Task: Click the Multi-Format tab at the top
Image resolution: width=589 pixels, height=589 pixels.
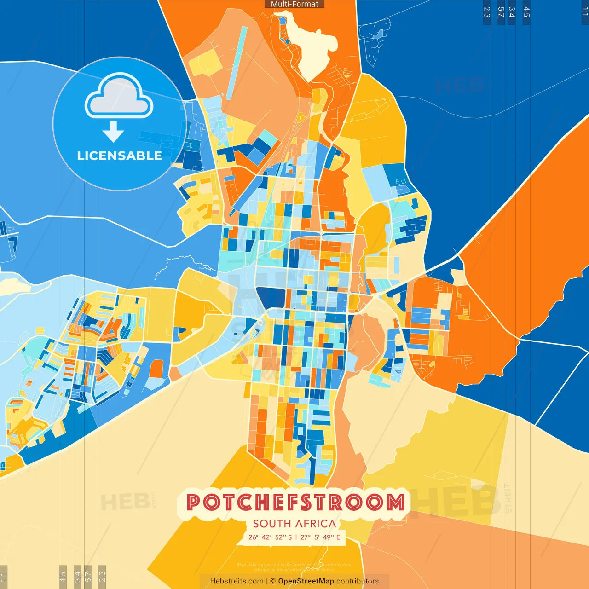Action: [x=294, y=4]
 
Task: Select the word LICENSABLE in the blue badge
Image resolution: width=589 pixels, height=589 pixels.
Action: [x=119, y=156]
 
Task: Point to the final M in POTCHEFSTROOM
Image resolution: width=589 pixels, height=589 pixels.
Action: [x=395, y=502]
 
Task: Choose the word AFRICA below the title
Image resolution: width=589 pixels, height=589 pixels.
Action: [x=318, y=524]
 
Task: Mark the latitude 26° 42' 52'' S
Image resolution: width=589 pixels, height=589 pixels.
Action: [x=270, y=537]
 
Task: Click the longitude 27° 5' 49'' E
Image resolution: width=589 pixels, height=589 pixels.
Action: [x=320, y=537]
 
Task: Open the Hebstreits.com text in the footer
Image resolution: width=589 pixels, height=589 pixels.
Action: [x=237, y=581]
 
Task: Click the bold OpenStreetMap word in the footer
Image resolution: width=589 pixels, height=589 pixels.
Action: [x=306, y=581]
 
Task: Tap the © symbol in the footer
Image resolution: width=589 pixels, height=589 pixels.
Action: [x=273, y=581]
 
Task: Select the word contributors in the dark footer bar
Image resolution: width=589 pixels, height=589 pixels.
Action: [x=358, y=581]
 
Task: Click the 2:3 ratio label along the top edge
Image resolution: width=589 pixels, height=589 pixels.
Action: [x=487, y=12]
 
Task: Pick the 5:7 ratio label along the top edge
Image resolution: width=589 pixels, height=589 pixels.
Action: [x=501, y=12]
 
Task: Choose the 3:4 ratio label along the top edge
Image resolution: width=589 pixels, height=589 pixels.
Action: [x=512, y=12]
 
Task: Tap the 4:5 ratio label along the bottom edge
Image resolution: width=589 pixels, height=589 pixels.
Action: [x=63, y=576]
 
